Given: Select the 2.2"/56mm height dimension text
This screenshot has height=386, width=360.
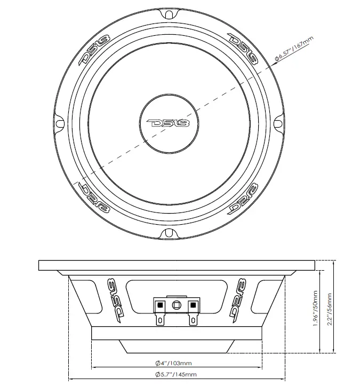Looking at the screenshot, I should coord(329,309).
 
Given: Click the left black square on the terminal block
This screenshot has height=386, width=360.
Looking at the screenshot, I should coord(159,305).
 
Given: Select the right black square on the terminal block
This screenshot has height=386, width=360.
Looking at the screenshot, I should coord(191,305).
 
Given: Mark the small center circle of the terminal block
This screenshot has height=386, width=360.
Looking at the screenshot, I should coord(175,305).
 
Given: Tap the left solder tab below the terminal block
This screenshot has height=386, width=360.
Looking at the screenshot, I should coord(159,320).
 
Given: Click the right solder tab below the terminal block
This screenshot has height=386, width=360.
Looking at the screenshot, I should coord(191,320).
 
